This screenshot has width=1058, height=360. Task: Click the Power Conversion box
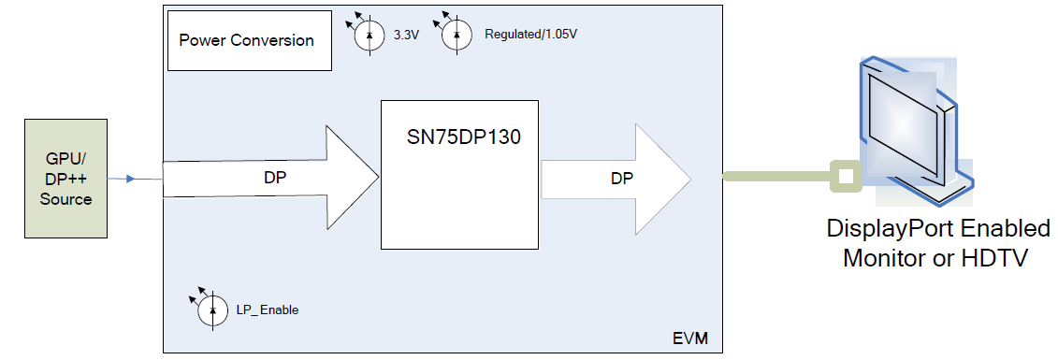point(249,41)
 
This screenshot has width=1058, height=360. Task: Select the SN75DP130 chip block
point(459,174)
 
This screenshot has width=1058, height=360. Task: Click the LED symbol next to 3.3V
point(369,35)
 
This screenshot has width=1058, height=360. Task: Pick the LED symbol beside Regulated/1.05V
point(457,35)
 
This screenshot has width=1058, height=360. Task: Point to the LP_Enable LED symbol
point(212,310)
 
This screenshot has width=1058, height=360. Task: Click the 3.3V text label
point(405,35)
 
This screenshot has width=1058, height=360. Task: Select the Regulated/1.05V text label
point(530,35)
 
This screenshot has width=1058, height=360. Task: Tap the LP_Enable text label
point(268,310)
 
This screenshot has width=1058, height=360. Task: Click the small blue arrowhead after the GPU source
point(130,178)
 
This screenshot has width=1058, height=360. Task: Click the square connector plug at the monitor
point(846,176)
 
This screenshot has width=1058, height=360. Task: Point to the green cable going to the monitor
point(776,176)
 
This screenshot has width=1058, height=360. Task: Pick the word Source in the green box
point(65,198)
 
